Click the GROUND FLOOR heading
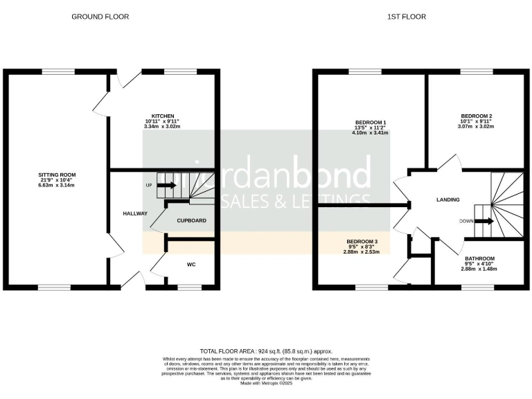[x=100, y=17]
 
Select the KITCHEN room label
[x=163, y=116]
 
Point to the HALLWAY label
[x=135, y=213]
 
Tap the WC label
[x=191, y=264]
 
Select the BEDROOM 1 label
[x=370, y=123]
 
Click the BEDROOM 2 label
[x=477, y=116]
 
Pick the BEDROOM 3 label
[x=362, y=240]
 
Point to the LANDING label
[x=447, y=199]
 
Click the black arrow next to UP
[x=167, y=185]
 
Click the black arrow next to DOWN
[x=484, y=222]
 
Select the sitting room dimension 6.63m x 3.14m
[x=57, y=186]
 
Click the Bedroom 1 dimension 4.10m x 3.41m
[x=370, y=134]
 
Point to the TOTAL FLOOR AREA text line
[x=266, y=351]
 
